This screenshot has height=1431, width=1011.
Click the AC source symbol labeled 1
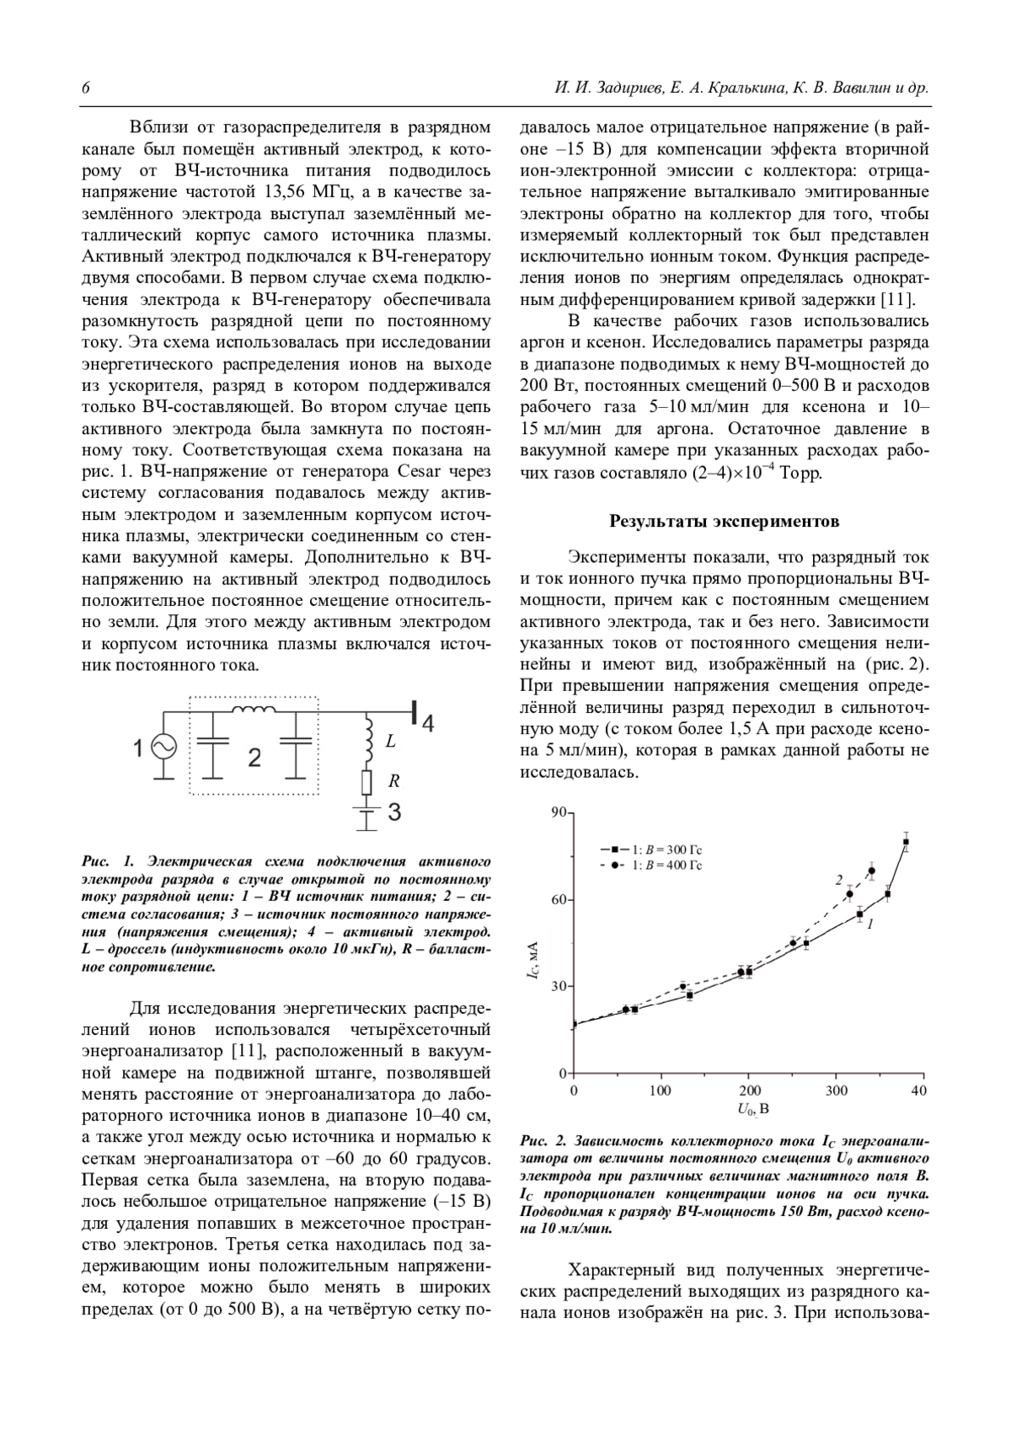[x=162, y=747]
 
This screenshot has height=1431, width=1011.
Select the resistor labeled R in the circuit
[x=366, y=783]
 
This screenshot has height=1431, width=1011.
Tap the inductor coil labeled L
[x=367, y=738]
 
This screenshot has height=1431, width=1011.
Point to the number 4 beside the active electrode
[x=428, y=723]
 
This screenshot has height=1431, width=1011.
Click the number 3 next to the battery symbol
[x=393, y=812]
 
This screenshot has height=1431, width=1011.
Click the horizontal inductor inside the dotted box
[x=254, y=712]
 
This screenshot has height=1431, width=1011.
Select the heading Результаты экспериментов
[x=724, y=521]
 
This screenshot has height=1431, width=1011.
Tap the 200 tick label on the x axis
[x=749, y=1091]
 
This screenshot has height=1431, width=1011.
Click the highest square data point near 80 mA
[x=906, y=842]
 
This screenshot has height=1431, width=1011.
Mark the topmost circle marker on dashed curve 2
[x=871, y=871]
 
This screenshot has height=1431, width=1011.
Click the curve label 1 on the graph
[x=869, y=924]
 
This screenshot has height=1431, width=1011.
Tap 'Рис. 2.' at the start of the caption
[x=544, y=1143]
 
